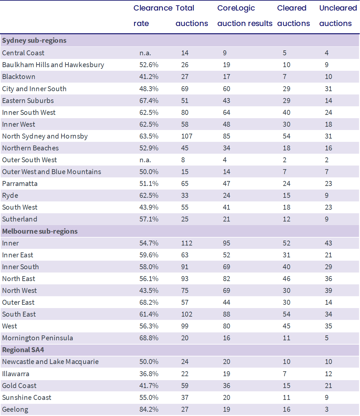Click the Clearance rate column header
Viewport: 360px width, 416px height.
click(153, 16)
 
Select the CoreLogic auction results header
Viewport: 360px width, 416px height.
click(245, 16)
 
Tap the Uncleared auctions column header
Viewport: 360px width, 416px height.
click(338, 16)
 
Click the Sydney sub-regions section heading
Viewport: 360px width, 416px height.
click(34, 40)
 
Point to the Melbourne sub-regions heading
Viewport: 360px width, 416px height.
click(40, 231)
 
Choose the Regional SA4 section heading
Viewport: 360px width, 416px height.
click(23, 350)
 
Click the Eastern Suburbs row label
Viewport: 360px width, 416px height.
click(28, 101)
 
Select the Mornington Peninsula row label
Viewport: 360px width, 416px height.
click(37, 338)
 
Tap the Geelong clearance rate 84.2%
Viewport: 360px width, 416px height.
click(149, 409)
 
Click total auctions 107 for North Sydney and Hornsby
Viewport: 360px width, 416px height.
click(187, 136)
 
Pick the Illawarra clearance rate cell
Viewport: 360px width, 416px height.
click(149, 374)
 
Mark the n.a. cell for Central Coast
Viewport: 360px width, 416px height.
click(145, 53)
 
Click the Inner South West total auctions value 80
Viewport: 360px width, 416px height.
click(185, 113)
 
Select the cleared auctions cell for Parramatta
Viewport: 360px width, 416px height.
click(286, 184)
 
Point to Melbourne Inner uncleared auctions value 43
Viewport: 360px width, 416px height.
click(328, 243)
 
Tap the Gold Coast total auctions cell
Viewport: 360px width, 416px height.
click(185, 386)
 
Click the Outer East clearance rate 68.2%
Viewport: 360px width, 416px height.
click(149, 302)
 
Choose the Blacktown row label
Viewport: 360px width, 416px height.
click(19, 77)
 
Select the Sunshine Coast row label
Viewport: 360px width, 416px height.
click(27, 398)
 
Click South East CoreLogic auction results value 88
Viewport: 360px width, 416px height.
click(227, 314)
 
